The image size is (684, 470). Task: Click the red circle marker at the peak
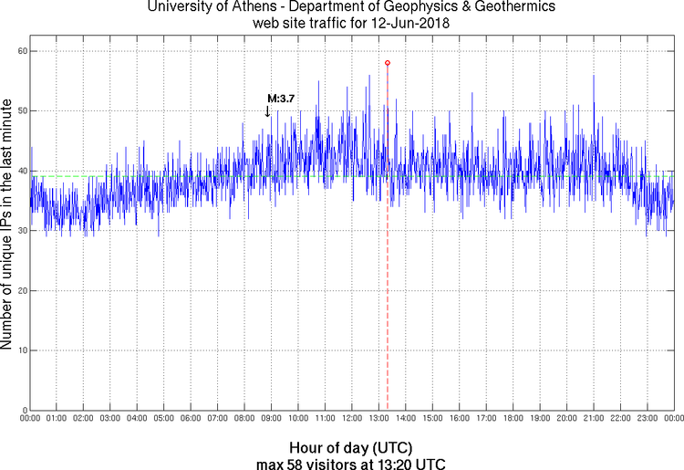[x=388, y=63]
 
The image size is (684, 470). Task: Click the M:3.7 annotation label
[x=281, y=98]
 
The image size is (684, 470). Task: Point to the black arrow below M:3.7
[x=267, y=110]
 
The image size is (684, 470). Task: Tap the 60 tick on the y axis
[x=20, y=51]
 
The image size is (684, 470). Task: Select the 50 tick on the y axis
[x=20, y=110]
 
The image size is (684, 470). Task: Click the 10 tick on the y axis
[x=20, y=350]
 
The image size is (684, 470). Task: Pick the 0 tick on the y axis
[x=23, y=410]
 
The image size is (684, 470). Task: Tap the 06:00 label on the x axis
[x=191, y=420]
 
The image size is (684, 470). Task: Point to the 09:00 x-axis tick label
[x=271, y=420]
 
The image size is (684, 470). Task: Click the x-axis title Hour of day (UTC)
[x=350, y=448]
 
